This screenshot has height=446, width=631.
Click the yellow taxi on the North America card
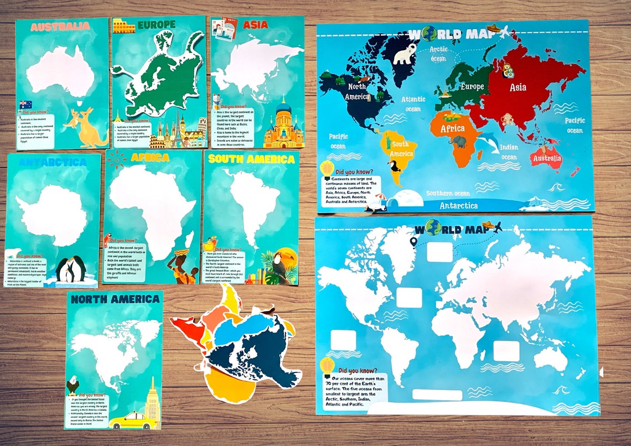[x=126, y=421]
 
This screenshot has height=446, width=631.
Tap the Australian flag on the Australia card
[x=25, y=105]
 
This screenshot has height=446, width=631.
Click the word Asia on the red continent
[x=518, y=87]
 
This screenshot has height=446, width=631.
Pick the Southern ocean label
[x=448, y=193]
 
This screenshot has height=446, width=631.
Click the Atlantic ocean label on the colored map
[x=413, y=105]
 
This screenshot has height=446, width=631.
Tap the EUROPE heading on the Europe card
[x=156, y=24]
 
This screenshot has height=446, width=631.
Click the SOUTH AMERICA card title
[x=251, y=159]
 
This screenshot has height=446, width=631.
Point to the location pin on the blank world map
[x=413, y=242]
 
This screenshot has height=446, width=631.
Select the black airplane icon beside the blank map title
[x=496, y=227]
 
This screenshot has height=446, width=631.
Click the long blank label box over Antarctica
[x=437, y=395]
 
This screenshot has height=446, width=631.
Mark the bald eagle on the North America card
[x=73, y=385]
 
